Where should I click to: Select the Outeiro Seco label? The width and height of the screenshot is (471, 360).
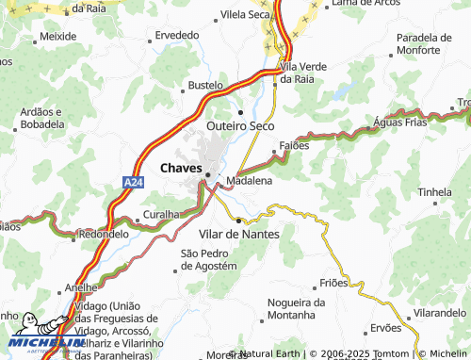239,124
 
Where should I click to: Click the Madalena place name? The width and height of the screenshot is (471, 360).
250,179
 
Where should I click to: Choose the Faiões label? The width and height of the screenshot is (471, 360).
294,146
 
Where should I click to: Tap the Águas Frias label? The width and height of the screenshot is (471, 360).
399,123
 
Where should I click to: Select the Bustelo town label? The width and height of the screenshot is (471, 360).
205,85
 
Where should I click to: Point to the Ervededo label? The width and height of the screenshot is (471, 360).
177,34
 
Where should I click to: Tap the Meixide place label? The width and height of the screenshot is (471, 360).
58,35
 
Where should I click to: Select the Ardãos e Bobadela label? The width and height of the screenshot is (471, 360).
41,118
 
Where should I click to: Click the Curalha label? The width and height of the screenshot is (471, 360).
160,215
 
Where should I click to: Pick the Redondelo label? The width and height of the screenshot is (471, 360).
104,234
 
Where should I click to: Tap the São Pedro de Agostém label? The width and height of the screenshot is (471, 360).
208,260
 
